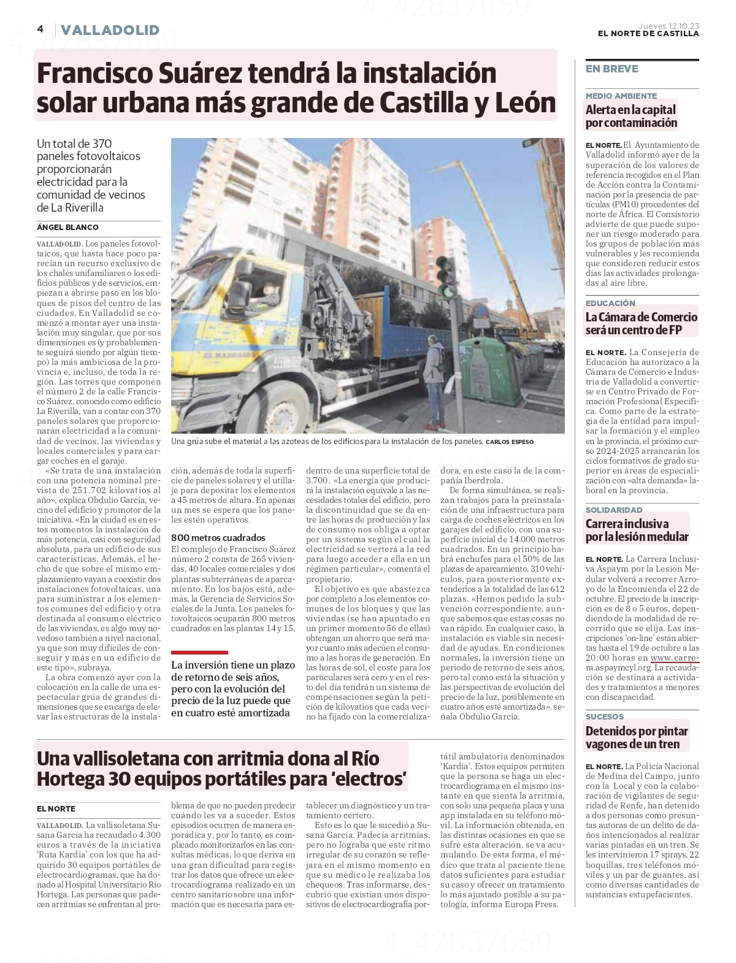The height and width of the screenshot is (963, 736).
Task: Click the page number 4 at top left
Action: (40, 29)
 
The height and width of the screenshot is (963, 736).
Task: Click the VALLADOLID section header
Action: (110, 30)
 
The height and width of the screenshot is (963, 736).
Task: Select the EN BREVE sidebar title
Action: (611, 69)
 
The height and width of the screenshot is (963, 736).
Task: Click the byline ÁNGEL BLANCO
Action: (67, 228)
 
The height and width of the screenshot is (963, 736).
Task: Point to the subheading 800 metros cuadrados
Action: (218, 537)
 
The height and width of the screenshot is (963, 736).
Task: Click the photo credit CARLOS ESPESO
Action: (509, 442)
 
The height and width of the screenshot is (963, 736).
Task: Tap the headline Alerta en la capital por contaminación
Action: (631, 116)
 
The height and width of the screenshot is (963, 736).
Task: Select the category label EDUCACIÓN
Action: (610, 303)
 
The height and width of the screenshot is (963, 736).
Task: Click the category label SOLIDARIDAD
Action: (614, 510)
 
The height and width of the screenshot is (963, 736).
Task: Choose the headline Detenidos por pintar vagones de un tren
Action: (636, 737)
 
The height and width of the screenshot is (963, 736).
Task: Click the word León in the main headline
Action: (527, 103)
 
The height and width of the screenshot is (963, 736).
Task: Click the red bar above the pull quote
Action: (199, 653)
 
